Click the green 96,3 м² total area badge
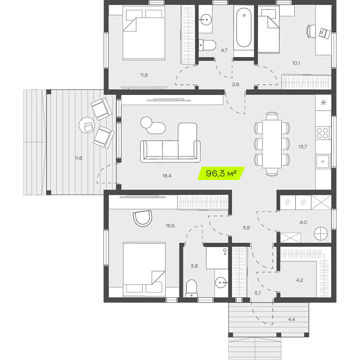pyautogui.click(x=221, y=173)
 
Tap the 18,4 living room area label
pyautogui.click(x=166, y=176)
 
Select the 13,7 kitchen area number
pyautogui.click(x=302, y=147)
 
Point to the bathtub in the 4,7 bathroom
pyautogui.click(x=244, y=27)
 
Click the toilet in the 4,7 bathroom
pyautogui.click(x=207, y=45)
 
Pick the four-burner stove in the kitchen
pyautogui.click(x=322, y=133)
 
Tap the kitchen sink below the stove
pyautogui.click(x=323, y=162)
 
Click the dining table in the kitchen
pyautogui.click(x=272, y=144)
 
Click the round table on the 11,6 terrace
pyautogui.click(x=87, y=125)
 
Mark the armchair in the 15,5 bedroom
pyautogui.click(x=143, y=218)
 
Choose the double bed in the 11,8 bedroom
pyautogui.click(x=144, y=33)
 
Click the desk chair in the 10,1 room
pyautogui.click(x=311, y=31)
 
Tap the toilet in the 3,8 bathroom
pyautogui.click(x=192, y=288)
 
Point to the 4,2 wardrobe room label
pyautogui.click(x=299, y=280)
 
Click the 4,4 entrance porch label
pyautogui.click(x=291, y=319)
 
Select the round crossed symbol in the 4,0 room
pyautogui.click(x=320, y=234)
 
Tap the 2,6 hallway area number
pyautogui.click(x=235, y=85)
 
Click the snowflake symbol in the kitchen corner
pyautogui.click(x=323, y=103)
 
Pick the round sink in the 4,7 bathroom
pyautogui.click(x=205, y=19)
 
